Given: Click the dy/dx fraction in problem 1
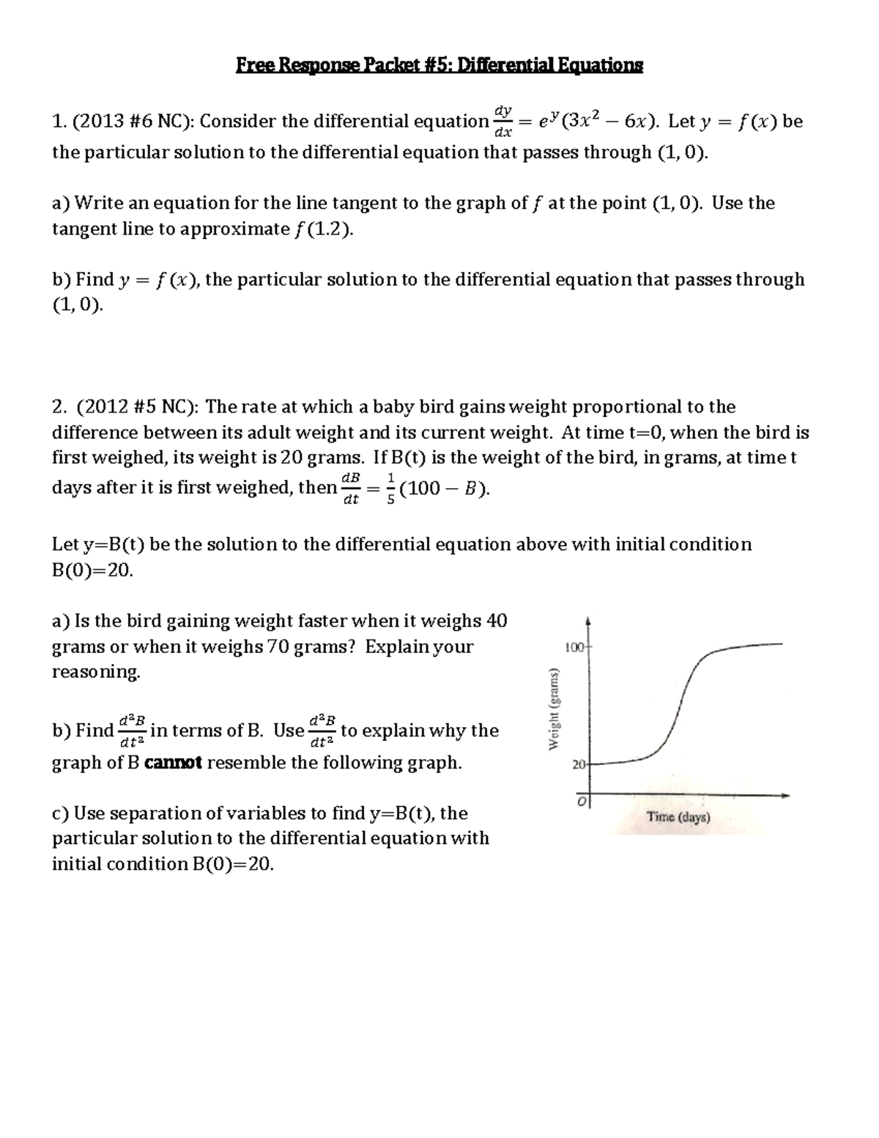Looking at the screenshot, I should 502,121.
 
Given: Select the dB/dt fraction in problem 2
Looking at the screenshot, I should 351,489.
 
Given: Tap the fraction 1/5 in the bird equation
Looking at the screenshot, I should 390,489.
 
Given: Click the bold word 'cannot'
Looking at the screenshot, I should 174,764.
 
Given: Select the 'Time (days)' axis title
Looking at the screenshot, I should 678,818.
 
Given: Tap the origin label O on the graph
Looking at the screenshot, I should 580,802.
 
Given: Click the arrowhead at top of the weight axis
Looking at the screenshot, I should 589,622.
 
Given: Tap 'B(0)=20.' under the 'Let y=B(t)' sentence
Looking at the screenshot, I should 93,571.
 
